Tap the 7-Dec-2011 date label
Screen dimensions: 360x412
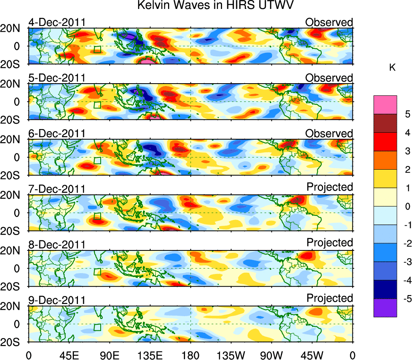pos(57,189)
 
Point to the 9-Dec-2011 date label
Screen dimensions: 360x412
pos(57,300)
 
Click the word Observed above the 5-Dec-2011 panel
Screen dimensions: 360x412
pos(329,78)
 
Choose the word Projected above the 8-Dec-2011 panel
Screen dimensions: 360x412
pos(330,242)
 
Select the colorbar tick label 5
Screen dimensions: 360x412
pos(407,114)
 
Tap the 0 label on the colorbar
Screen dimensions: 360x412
pos(407,207)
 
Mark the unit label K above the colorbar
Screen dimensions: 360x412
pos(393,68)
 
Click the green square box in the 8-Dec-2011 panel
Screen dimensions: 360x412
pos(97,272)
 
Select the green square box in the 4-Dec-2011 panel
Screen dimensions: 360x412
pos(97,50)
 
